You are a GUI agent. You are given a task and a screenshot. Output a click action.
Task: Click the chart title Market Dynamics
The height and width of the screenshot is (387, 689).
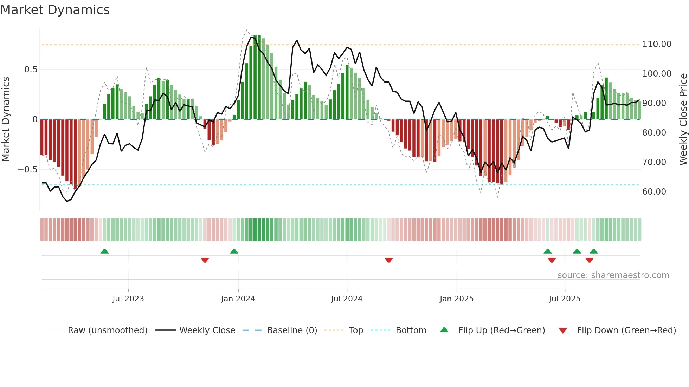(55, 10)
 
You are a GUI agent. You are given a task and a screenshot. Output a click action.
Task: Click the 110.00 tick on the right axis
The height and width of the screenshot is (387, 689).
(657, 44)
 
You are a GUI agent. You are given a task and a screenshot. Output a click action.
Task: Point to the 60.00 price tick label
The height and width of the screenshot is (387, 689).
(654, 192)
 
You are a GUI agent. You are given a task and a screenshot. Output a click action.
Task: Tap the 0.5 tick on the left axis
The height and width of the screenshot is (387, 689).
(31, 70)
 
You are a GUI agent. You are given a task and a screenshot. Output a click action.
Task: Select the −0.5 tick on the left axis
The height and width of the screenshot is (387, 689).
(27, 170)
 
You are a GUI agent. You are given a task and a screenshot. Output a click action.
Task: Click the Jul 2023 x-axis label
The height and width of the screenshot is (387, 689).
(128, 299)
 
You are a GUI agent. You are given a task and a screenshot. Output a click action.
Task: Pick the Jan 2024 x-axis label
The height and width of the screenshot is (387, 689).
(238, 299)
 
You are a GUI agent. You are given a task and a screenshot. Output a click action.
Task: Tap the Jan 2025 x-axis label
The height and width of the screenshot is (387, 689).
(456, 299)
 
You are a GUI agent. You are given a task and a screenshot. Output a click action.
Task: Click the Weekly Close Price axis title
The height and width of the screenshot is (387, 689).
(683, 119)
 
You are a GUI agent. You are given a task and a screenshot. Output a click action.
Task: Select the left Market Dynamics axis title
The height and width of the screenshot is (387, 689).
(6, 119)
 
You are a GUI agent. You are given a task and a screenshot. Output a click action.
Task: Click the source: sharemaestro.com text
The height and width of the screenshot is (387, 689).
(613, 275)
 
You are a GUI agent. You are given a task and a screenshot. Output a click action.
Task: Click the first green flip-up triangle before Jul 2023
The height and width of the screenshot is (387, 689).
(104, 251)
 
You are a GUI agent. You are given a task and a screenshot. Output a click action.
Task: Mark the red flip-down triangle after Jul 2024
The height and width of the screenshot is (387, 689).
(388, 260)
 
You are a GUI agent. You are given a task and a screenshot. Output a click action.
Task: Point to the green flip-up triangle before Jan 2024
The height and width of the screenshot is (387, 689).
(234, 251)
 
